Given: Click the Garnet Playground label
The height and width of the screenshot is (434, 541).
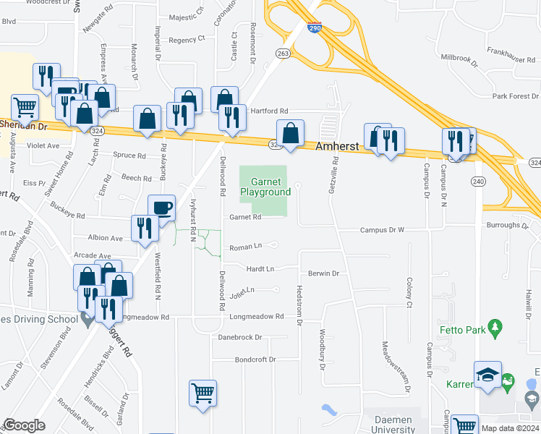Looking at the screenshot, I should [270, 187].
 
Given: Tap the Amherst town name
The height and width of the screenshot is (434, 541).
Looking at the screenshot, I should [337, 146].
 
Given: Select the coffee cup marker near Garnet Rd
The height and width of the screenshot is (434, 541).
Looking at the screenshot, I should [161, 208].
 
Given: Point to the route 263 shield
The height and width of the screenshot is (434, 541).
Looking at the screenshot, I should [282, 53].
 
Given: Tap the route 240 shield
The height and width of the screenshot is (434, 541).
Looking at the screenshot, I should [477, 181].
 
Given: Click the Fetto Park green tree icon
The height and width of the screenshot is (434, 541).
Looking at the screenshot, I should [495, 328].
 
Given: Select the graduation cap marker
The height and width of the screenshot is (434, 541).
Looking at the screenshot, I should [487, 375].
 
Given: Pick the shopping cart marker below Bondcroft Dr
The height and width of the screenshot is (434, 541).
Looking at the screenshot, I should [203, 393].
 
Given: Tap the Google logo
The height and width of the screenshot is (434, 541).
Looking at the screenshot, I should [25, 425].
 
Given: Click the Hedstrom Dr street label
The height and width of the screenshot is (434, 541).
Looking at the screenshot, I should [298, 305].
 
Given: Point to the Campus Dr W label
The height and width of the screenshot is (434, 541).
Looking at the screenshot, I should [382, 230].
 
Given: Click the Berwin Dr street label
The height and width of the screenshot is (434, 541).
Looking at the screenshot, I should [323, 273].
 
